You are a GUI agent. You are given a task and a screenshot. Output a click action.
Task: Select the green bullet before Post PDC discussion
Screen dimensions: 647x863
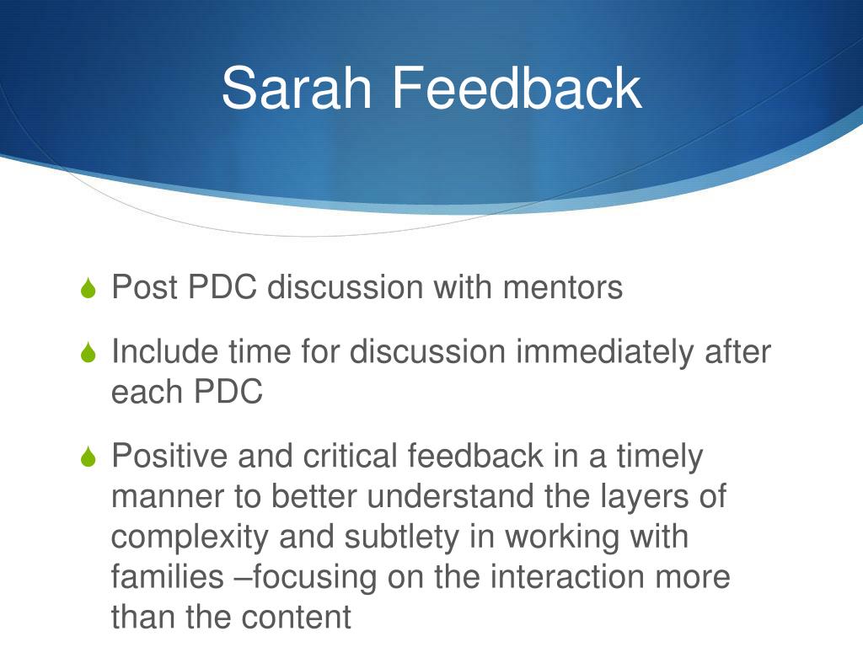[89, 289]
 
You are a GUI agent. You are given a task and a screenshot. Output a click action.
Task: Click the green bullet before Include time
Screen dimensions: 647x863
[89, 352]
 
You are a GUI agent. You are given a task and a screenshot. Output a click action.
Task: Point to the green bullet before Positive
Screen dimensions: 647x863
[89, 457]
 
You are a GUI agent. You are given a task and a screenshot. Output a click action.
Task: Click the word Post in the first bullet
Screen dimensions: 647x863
[145, 288]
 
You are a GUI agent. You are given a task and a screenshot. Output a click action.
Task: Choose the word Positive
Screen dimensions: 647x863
[169, 457]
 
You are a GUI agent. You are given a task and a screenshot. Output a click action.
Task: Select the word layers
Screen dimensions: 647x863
[645, 497]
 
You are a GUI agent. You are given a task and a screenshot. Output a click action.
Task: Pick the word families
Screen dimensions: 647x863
[164, 577]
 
